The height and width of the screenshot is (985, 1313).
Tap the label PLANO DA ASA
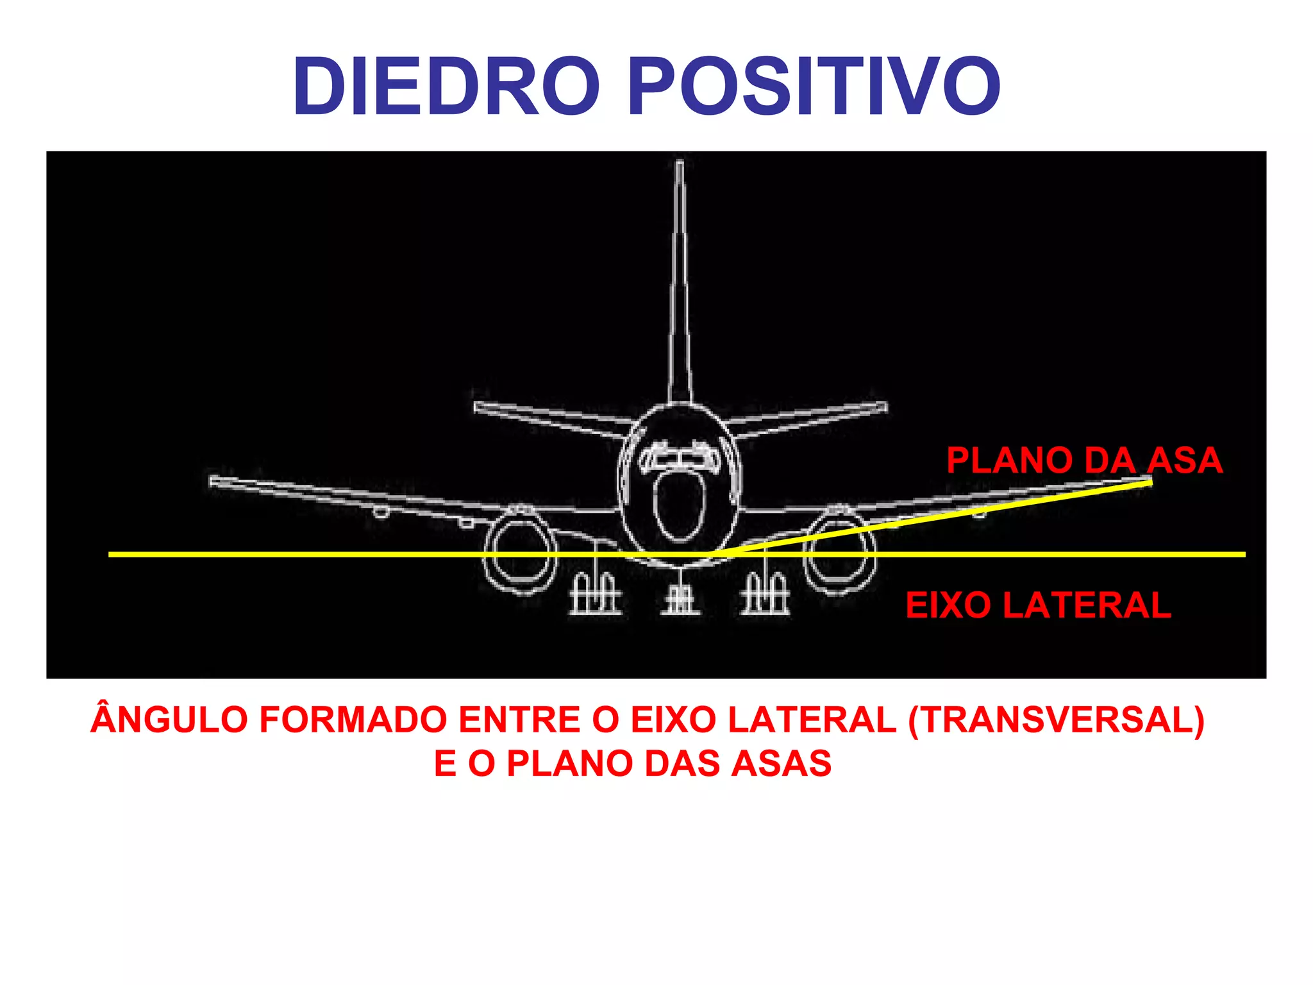(x=1084, y=460)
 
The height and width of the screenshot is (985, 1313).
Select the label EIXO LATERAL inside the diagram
(x=1038, y=605)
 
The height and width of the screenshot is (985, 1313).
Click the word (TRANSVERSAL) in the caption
(x=1056, y=720)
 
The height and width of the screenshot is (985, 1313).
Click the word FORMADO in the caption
(x=353, y=720)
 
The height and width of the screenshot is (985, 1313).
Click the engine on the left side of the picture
(x=520, y=550)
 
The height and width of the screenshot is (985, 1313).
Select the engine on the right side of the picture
(x=840, y=550)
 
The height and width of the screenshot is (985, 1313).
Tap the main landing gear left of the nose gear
(x=594, y=595)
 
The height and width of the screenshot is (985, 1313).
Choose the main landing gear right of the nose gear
(x=765, y=595)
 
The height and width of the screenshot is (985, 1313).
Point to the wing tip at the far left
(x=213, y=481)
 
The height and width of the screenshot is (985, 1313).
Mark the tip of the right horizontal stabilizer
(x=883, y=407)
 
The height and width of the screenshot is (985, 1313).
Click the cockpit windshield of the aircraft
(x=680, y=457)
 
